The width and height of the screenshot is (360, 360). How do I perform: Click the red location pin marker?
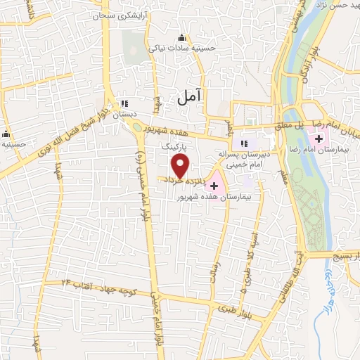pos(181,167)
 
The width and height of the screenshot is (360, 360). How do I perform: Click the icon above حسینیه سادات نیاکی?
pos(182,38)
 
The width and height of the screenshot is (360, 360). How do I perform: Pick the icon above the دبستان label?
pos(126,103)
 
